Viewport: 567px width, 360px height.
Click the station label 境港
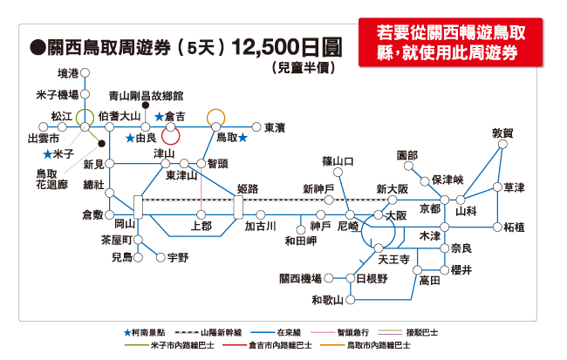67,73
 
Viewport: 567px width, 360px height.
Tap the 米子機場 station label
57,94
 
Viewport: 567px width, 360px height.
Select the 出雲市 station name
44,138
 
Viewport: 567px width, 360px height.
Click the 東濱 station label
275,126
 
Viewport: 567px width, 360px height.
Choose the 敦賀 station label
502,133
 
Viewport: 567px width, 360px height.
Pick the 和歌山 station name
328,301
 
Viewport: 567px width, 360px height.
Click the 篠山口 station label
338,161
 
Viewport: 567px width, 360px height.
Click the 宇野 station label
177,257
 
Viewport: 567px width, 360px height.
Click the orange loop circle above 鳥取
215,116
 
